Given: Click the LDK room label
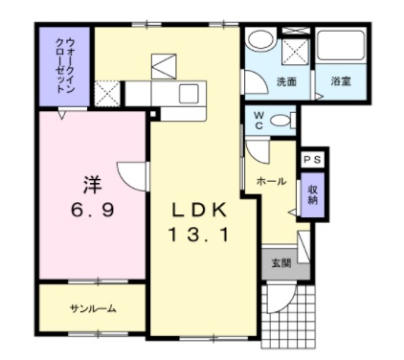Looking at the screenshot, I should click(x=200, y=210).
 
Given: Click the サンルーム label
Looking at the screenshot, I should click(x=92, y=308).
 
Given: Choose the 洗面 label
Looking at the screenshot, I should click(x=285, y=82).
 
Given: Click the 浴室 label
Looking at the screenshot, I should click(x=341, y=82).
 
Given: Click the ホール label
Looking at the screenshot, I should click(x=271, y=180).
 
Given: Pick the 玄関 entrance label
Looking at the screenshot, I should click(x=281, y=263).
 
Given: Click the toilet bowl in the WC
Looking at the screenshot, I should click(x=280, y=121).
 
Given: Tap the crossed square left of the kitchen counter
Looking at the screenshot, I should click(x=108, y=95).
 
